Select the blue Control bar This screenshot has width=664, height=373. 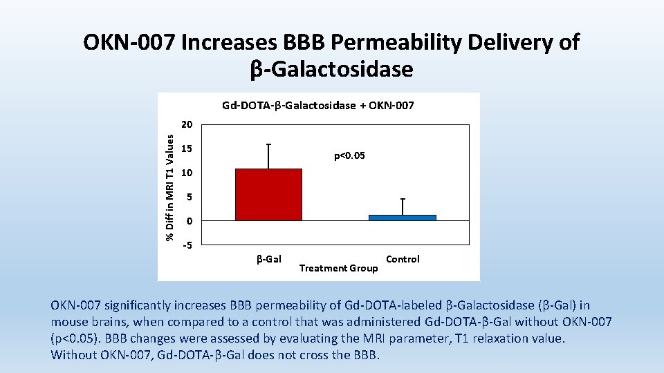pos(402,218)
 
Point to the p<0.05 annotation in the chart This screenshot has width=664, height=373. pos(349,156)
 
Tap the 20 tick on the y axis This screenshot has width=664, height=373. pos(186,125)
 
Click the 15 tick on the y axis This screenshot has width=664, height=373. pos(186,149)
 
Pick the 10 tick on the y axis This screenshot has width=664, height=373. pos(186,173)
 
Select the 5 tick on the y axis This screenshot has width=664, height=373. pos(188,198)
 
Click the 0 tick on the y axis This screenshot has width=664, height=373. pos(188,221)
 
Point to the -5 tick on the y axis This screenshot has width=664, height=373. pos(187,245)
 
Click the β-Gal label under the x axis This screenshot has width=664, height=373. pos(268,259)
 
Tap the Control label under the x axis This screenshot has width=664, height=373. pos(403,259)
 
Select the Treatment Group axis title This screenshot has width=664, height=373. pos(338,268)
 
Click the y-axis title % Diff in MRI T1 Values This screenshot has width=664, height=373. pos(169,186)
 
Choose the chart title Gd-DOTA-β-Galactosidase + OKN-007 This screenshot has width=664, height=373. pos(318,106)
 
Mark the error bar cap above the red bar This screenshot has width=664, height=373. pos(268,144)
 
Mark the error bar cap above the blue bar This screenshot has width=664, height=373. pos(403,199)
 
